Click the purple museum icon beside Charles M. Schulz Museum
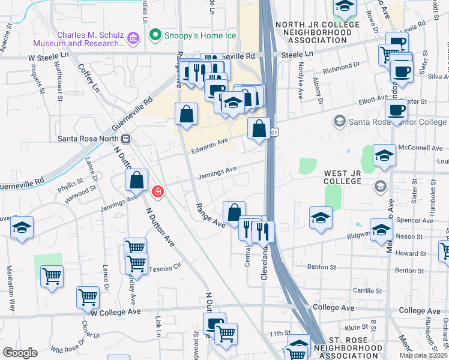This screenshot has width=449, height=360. [133, 39]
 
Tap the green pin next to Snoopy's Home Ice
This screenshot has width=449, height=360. [156, 35]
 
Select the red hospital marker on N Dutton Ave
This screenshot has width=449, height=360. [157, 191]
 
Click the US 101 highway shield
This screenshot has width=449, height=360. [274, 131]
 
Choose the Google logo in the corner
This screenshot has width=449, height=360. [20, 352]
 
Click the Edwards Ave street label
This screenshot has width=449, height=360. [210, 142]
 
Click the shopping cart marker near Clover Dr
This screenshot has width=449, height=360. [88, 296]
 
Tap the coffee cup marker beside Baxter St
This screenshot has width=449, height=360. [396, 110]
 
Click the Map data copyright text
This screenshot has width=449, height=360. [423, 355]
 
